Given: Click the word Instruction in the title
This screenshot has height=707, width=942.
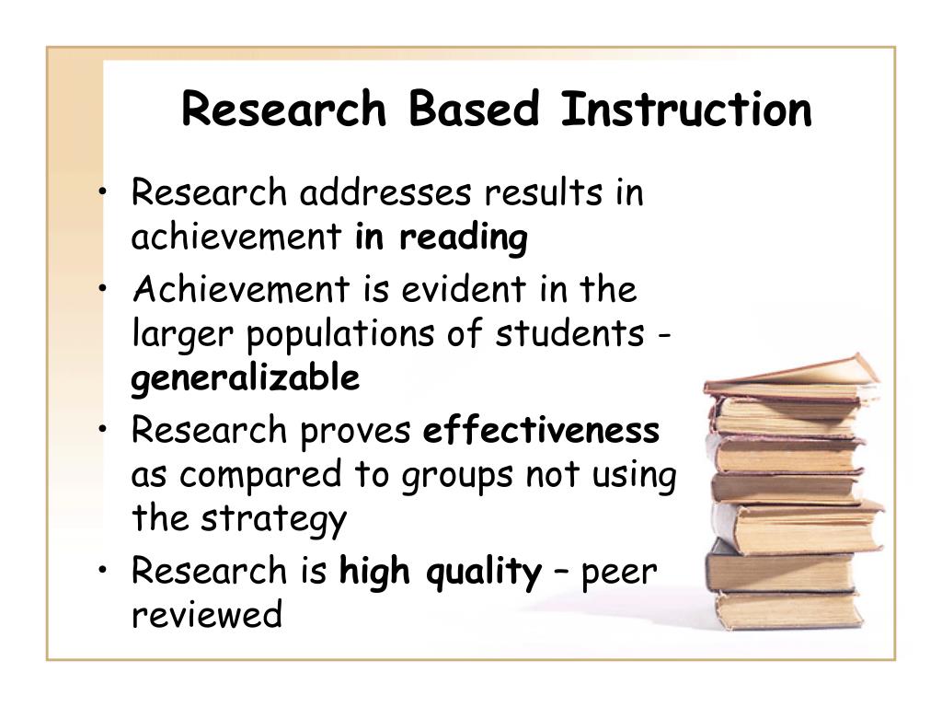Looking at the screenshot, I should pyautogui.click(x=686, y=110).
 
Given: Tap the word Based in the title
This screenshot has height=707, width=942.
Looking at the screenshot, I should pyautogui.click(x=474, y=110).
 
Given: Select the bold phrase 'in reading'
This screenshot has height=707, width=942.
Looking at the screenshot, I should pyautogui.click(x=442, y=238).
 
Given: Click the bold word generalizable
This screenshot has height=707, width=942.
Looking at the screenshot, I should pyautogui.click(x=246, y=378).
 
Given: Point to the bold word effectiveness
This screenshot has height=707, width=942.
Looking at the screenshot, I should pyautogui.click(x=541, y=430).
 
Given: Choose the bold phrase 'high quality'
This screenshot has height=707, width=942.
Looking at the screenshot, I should pyautogui.click(x=441, y=573).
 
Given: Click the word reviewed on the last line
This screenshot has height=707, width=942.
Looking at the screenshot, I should pyautogui.click(x=207, y=615).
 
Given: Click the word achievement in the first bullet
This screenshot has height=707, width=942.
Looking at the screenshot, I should pyautogui.click(x=236, y=238).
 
